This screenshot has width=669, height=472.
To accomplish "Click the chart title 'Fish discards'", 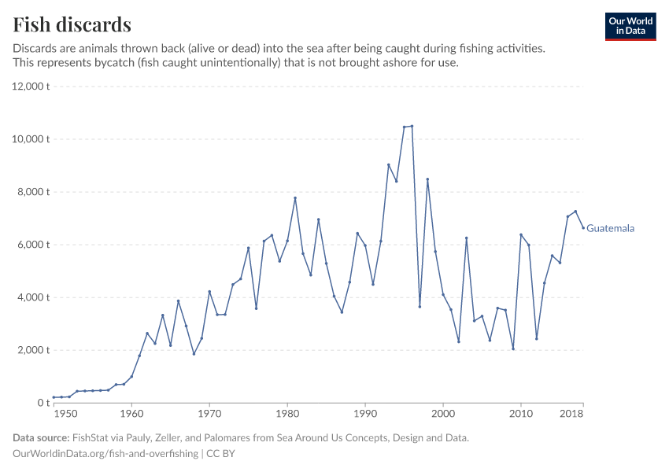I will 72,24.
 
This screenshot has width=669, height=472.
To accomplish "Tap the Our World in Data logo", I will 630,26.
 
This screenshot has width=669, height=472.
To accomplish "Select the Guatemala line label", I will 610,229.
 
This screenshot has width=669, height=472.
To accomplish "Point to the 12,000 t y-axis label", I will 31,87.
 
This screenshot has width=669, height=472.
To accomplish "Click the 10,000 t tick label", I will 31,139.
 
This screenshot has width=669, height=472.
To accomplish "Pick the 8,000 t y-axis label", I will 34,192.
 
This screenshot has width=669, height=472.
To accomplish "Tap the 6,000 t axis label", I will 34,245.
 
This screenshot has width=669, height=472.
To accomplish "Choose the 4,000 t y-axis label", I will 34,297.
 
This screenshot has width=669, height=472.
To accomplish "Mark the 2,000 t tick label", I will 34,350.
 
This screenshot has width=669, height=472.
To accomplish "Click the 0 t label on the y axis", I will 43,403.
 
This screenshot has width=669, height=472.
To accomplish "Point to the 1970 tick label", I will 209,414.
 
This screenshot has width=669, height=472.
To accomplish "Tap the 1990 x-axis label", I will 365,414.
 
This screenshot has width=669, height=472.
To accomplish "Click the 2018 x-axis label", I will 572,414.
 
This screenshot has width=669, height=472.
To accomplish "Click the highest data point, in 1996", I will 412,126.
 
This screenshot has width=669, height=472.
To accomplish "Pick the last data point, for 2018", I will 583,228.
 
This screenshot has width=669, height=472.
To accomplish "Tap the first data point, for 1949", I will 54,397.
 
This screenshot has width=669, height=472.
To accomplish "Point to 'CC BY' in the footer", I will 221,454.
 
